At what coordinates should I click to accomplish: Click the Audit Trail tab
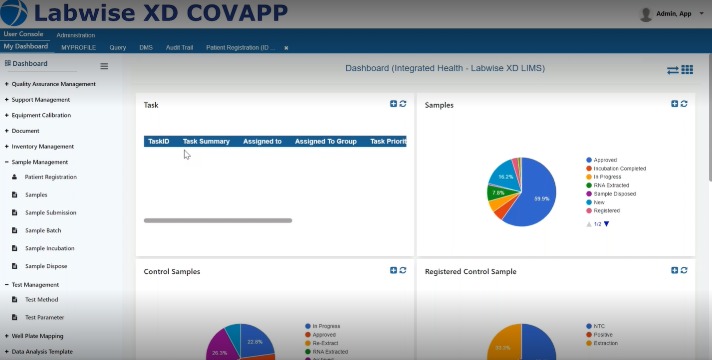(179, 47)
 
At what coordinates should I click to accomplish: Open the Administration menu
(75, 35)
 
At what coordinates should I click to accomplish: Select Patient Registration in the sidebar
(50, 177)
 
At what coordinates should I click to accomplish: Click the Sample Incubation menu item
(49, 248)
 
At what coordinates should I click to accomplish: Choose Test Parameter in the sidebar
(44, 318)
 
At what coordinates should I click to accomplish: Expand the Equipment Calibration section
(41, 115)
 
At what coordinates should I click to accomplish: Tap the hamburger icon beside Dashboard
(104, 66)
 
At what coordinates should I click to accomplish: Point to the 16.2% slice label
(505, 177)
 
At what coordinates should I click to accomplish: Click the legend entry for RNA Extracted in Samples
(611, 185)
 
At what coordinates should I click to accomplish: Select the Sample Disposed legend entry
(614, 194)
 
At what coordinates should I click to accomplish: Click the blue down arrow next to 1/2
(607, 224)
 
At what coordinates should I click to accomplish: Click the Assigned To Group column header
(325, 142)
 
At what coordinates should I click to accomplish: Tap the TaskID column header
(159, 142)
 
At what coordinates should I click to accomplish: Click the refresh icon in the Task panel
(403, 104)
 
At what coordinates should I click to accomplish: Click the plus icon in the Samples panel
(675, 104)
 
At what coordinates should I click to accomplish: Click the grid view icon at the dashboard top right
(687, 70)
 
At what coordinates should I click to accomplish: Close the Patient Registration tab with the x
(286, 48)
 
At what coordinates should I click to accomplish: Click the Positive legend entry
(603, 335)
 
